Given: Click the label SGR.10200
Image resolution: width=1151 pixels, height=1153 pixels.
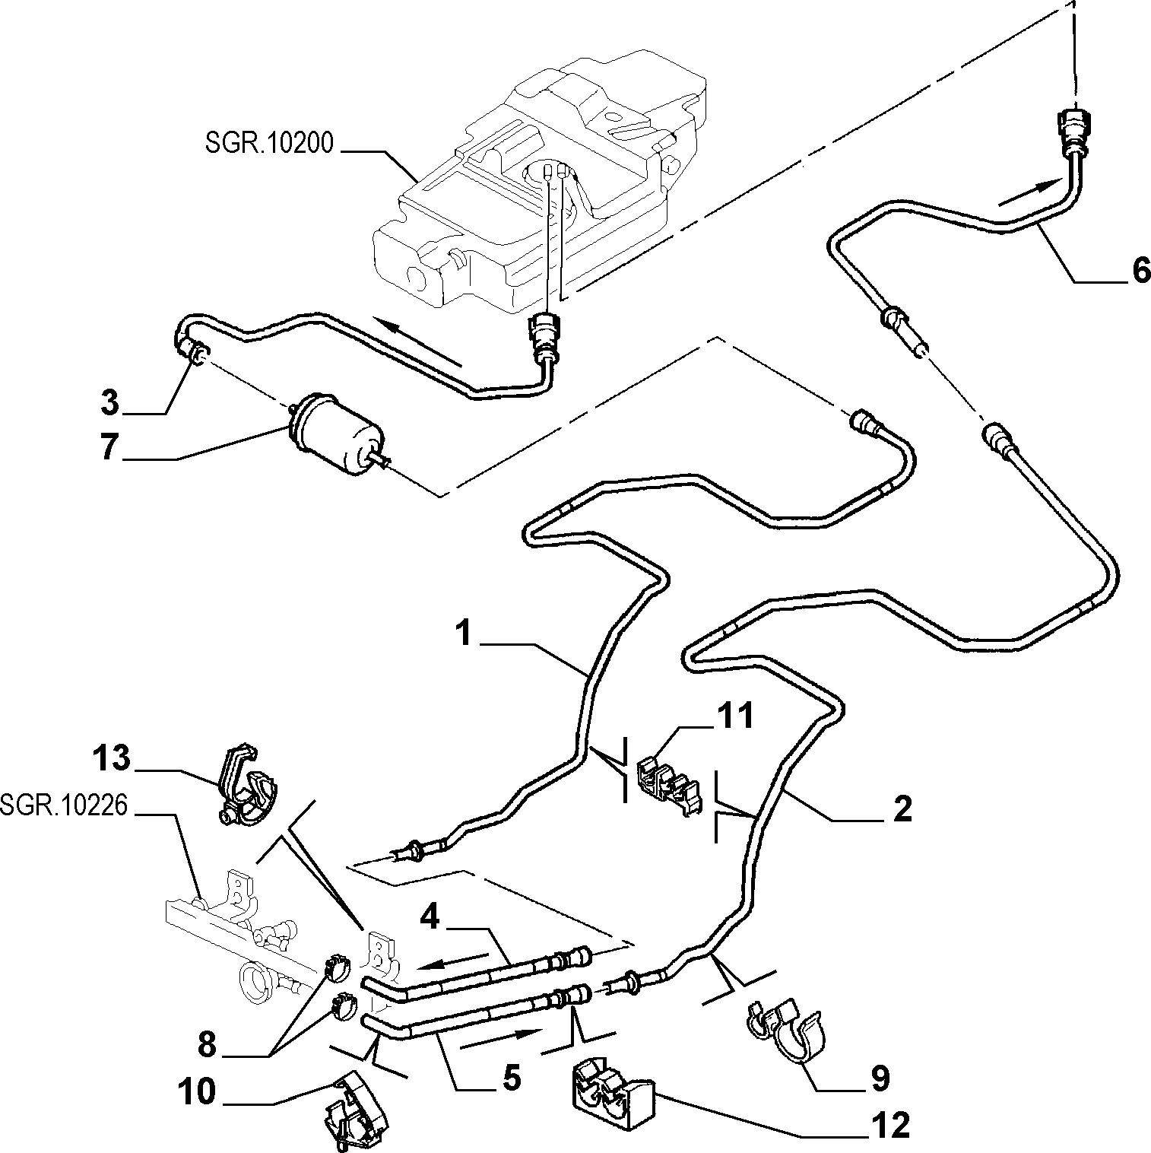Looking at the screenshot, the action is tap(269, 143).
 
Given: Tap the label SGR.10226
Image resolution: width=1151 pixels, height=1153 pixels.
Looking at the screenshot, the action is tap(64, 804).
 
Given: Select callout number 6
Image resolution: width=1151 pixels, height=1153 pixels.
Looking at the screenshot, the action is tap(1141, 271).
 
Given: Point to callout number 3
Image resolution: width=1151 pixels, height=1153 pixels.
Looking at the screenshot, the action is tap(110, 402).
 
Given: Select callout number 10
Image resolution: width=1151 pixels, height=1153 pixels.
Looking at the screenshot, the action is tap(195, 1092).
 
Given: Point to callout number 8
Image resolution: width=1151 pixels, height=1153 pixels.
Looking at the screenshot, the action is tap(207, 1046).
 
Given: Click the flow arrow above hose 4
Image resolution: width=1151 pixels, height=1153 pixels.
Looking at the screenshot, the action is tap(453, 961).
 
